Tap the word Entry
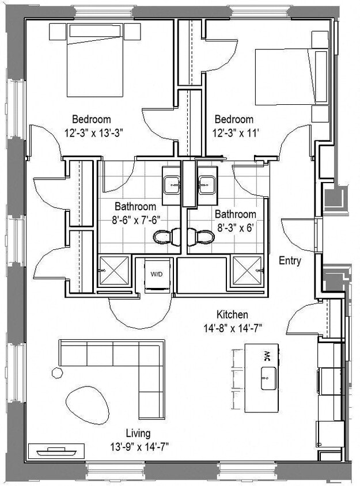pos(290,261)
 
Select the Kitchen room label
pos(232,314)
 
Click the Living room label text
pos(138,433)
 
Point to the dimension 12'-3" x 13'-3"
pos(94,131)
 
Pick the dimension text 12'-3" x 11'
pos(234,131)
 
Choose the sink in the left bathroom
pos(172,185)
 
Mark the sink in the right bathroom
pos(206,185)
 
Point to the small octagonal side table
pos(57,373)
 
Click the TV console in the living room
pos(51,450)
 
